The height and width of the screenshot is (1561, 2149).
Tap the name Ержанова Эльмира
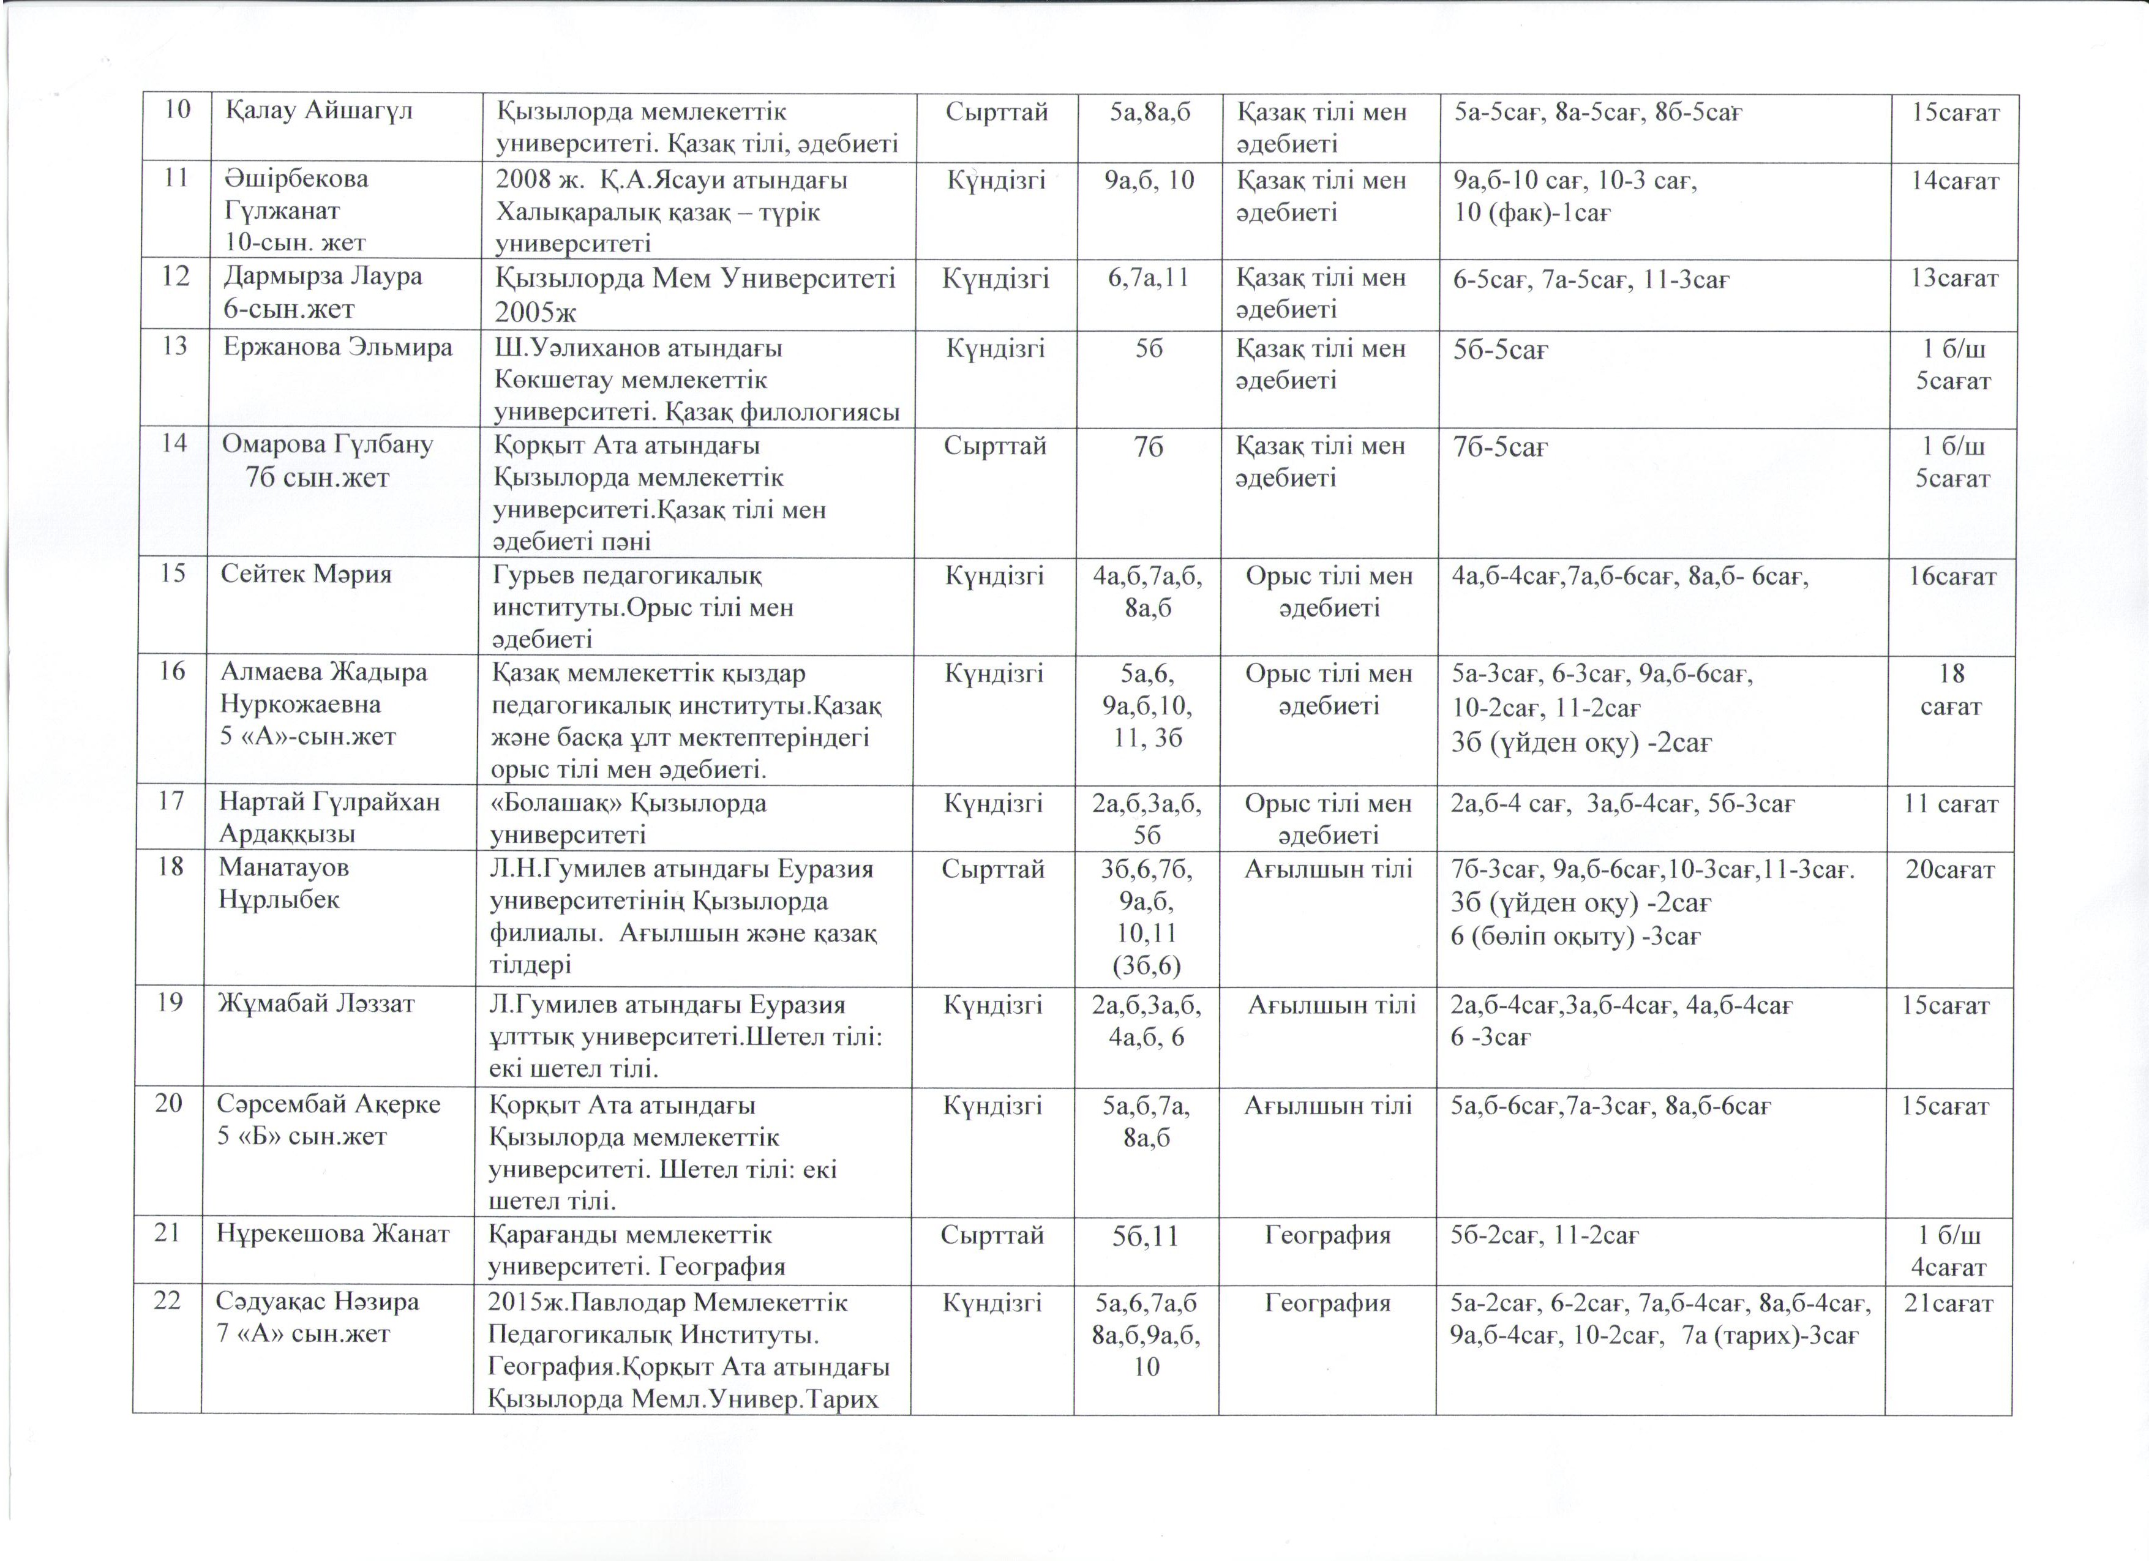tap(338, 348)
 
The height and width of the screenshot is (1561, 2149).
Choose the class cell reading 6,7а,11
tap(1149, 277)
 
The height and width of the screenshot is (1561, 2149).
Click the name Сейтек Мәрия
tap(306, 574)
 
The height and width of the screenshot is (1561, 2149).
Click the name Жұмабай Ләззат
tap(317, 1003)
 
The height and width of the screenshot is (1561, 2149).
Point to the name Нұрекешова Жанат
tap(332, 1234)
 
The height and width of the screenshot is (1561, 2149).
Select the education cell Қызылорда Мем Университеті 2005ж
tap(696, 294)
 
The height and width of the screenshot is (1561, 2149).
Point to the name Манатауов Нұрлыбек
tap(284, 883)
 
